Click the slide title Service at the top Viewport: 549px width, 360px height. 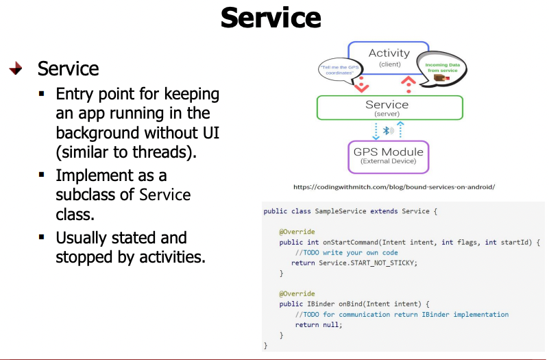point(271,18)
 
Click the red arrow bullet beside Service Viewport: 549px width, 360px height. point(16,69)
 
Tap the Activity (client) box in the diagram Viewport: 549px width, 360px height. point(389,58)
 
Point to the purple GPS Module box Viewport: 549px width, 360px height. point(387,156)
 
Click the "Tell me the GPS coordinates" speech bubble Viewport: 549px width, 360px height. point(339,69)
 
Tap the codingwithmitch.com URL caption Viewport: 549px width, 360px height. point(393,187)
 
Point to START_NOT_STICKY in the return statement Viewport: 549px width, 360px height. point(382,263)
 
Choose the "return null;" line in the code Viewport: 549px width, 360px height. point(317,324)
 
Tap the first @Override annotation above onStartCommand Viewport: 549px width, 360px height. point(291,232)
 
